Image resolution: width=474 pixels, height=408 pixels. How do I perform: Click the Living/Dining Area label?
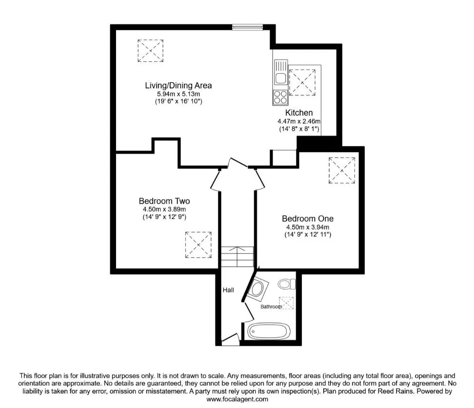pos(178,85)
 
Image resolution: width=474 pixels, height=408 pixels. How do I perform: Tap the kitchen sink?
pos(281,72)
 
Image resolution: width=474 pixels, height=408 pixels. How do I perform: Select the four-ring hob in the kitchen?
pos(280,97)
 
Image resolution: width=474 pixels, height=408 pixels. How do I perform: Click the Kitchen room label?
pos(299,113)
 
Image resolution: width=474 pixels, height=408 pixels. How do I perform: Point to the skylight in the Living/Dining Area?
pos(151,50)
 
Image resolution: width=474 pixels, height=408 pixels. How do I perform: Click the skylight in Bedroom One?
pos(342,170)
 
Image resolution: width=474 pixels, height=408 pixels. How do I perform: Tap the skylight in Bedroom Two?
pos(198,245)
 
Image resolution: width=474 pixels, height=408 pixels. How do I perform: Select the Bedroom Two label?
pos(164,201)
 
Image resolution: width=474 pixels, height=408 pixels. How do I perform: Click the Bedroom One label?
pos(308,218)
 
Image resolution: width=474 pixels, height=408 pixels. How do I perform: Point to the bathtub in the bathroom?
pos(269,331)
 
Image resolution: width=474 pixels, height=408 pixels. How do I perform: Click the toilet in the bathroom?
pos(287,284)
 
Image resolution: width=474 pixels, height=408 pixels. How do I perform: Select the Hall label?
pos(228,290)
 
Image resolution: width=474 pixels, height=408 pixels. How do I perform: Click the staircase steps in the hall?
pos(237,256)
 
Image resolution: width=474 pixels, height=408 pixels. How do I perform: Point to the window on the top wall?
pos(248,27)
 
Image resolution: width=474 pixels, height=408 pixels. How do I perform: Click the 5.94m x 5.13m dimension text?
pos(178,94)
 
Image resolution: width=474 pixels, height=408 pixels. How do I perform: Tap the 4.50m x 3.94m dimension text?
pos(308,227)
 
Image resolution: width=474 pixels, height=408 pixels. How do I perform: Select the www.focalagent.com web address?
pos(237,399)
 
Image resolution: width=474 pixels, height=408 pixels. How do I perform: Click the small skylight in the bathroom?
pos(286,303)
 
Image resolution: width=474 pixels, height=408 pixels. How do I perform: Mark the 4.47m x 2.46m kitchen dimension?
pos(299,121)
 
